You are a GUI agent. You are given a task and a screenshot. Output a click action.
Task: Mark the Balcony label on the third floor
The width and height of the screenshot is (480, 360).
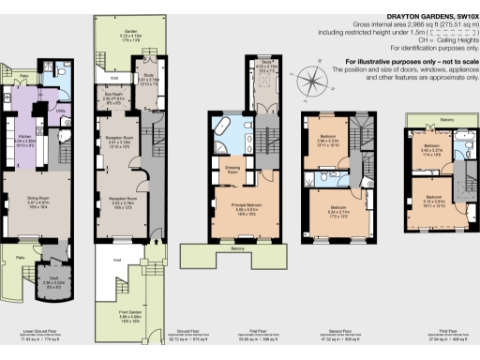point(447,120)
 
